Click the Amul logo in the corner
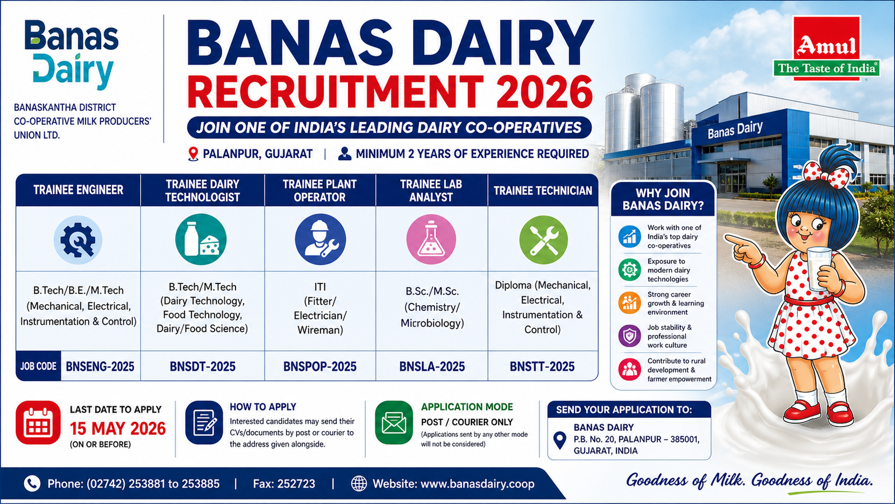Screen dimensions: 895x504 coord(826,48)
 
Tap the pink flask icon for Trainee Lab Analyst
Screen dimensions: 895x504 coord(431,239)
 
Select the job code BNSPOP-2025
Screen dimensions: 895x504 coord(319,366)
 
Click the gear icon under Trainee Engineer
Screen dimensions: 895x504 coord(78,240)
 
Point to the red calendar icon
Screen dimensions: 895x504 coord(38,423)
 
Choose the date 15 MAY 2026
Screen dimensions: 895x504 coord(118,428)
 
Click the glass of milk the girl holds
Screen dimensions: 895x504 coord(819,268)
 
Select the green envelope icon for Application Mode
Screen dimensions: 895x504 coord(394,423)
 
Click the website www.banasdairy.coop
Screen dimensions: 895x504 coord(477,484)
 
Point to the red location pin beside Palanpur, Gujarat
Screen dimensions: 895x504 coord(193,154)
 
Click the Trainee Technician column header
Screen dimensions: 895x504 coord(543,190)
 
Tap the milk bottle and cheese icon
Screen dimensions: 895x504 coord(201,239)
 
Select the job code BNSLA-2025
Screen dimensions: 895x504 coord(432,366)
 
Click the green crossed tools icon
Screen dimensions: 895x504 coord(543,240)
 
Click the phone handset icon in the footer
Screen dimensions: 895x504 coord(32,484)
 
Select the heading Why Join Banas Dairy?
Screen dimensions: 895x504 coord(663,199)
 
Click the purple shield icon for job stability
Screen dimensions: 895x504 coord(630,335)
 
